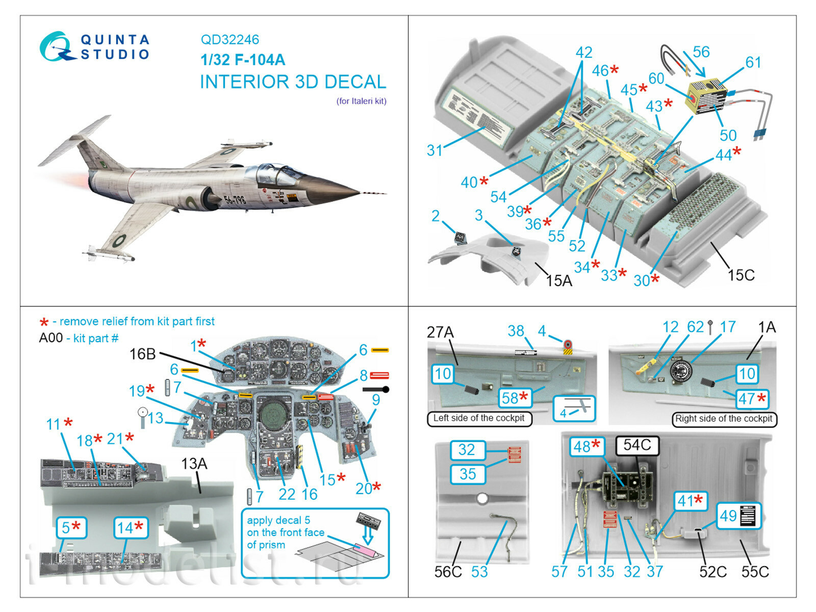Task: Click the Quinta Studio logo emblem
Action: [55, 46]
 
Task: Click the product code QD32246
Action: [229, 40]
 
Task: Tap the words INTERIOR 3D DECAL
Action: [293, 82]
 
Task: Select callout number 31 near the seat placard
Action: [434, 150]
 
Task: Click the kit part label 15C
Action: [741, 275]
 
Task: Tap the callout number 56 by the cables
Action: [701, 52]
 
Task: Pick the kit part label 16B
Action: [142, 354]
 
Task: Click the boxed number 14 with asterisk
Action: [130, 527]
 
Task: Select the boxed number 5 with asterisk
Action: [70, 527]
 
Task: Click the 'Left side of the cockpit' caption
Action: [478, 418]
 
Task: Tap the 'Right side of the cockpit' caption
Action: [724, 419]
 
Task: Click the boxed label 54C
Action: [637, 445]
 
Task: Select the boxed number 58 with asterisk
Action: [515, 398]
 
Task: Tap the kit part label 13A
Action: [194, 464]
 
